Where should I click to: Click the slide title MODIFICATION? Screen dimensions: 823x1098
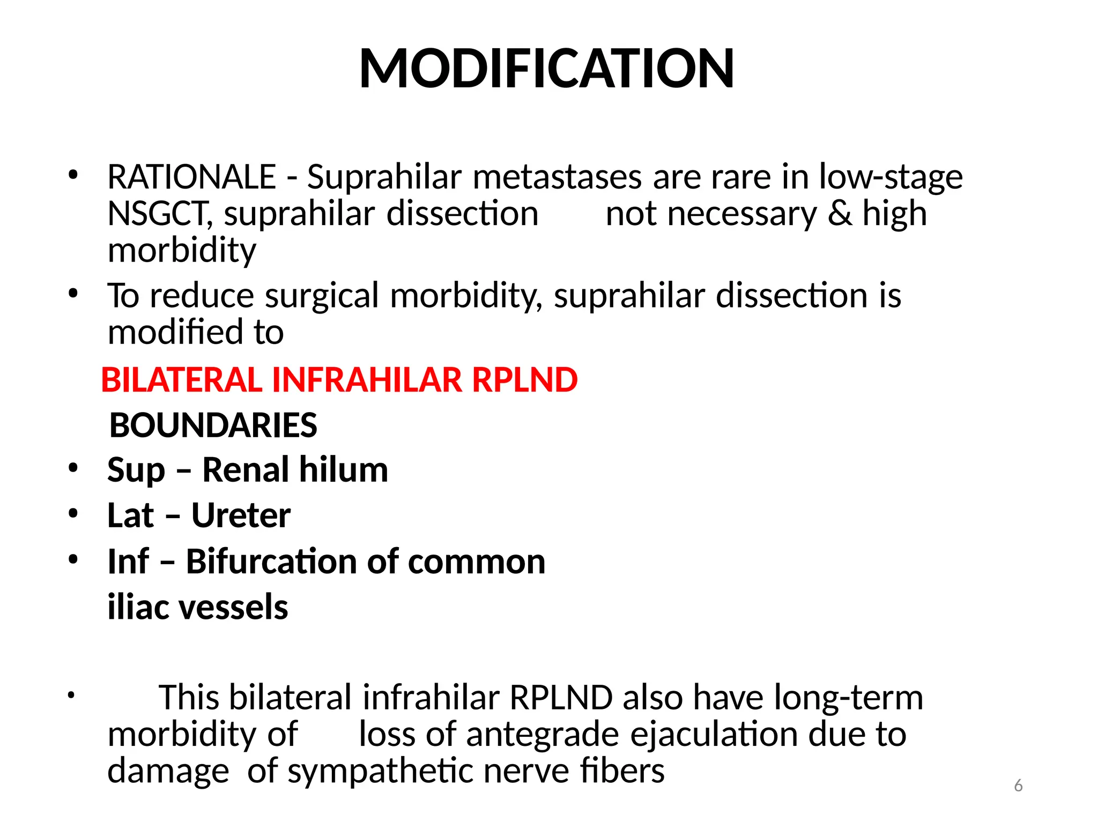pyautogui.click(x=546, y=69)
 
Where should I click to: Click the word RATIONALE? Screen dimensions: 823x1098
pyautogui.click(x=191, y=177)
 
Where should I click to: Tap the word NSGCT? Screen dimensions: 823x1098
pyautogui.click(x=160, y=214)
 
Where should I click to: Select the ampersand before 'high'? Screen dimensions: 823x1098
pyautogui.click(x=840, y=214)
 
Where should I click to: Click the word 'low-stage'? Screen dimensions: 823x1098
pyautogui.click(x=891, y=177)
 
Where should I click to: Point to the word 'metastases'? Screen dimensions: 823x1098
pyautogui.click(x=557, y=177)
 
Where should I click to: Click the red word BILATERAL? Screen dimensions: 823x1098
pyautogui.click(x=181, y=380)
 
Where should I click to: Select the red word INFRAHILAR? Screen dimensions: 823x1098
pyautogui.click(x=367, y=380)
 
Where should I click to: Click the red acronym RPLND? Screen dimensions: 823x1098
pyautogui.click(x=524, y=380)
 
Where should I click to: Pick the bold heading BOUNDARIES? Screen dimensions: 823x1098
pyautogui.click(x=213, y=425)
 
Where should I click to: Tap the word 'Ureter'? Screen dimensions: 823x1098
pyautogui.click(x=241, y=515)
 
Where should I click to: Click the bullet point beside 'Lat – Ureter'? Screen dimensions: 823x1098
pyautogui.click(x=73, y=514)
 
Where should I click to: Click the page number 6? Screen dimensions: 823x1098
pyautogui.click(x=1018, y=786)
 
